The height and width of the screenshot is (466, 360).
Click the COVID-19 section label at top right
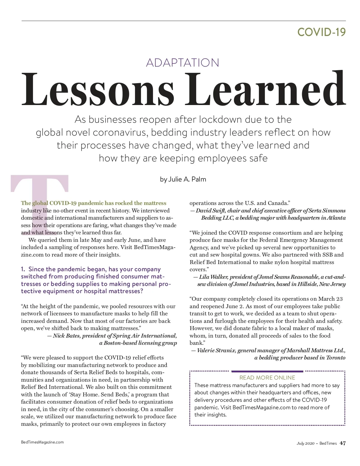click(x=321, y=32)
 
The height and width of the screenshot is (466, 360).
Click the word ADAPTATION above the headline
click(x=182, y=63)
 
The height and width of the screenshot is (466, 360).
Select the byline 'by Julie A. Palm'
click(x=183, y=179)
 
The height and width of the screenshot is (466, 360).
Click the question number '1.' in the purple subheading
click(x=23, y=269)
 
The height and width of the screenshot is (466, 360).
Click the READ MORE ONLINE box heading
click(x=267, y=378)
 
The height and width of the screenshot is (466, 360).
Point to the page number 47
click(x=343, y=443)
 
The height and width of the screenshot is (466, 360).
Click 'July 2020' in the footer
click(x=305, y=443)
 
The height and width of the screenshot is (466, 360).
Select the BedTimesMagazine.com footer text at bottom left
click(x=42, y=442)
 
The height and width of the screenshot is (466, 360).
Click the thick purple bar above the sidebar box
click(x=267, y=371)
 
